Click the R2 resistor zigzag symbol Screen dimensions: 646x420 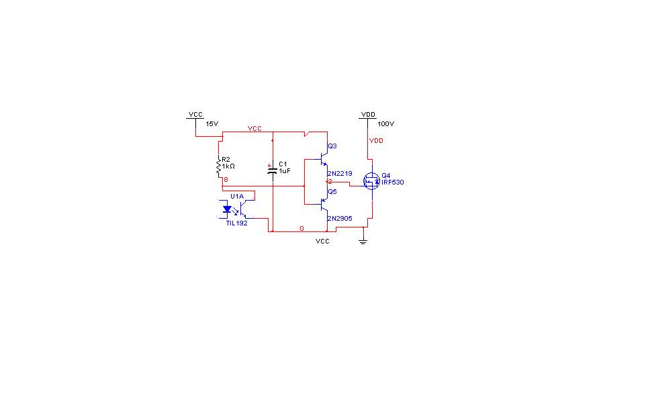tap(219, 166)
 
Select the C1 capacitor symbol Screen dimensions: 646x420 tap(273, 170)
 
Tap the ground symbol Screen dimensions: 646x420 tap(363, 241)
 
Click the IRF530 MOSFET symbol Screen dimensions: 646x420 tap(371, 181)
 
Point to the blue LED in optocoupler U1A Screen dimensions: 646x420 tap(226, 209)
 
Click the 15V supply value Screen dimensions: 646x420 tap(212, 123)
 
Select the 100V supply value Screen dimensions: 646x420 tap(385, 123)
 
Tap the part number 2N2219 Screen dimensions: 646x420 tap(340, 174)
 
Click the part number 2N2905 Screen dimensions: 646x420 tap(340, 219)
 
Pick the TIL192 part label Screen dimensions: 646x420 tap(237, 223)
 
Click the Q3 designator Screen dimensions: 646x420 tap(332, 146)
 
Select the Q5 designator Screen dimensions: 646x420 tap(332, 191)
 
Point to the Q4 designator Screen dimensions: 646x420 tap(385, 175)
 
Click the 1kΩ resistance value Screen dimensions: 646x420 tap(228, 166)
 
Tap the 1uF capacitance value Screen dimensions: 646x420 tap(285, 170)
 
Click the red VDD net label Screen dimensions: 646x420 tap(376, 140)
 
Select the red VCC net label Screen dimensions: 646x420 tap(255, 128)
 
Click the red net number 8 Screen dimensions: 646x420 tap(226, 180)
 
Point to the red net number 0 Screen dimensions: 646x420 tap(302, 229)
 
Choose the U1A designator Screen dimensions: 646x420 tap(237, 197)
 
